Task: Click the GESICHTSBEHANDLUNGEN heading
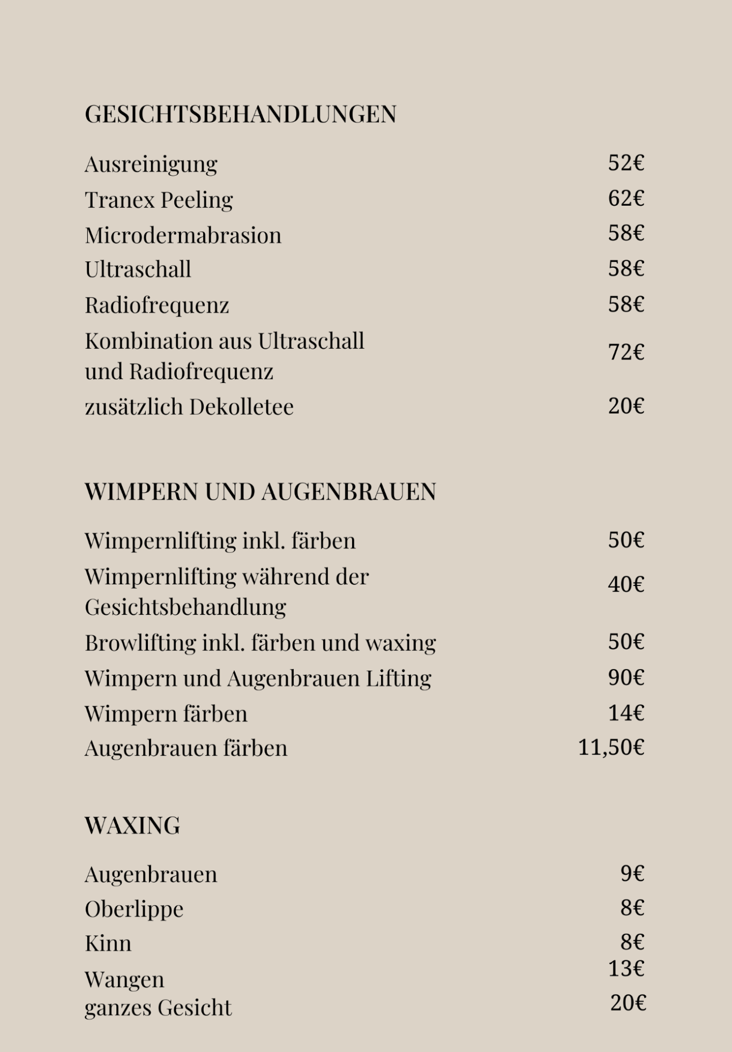tap(241, 114)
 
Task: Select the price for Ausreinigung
tap(625, 163)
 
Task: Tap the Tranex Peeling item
tap(159, 200)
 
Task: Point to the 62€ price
tap(625, 199)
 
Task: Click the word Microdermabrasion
tap(183, 236)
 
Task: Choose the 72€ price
tap(625, 352)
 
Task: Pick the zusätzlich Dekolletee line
tap(189, 407)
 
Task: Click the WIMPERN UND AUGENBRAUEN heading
tap(260, 492)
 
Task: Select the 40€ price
tap(625, 584)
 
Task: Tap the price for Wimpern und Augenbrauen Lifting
tap(625, 678)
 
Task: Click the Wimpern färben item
tap(166, 714)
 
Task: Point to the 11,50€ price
tap(611, 748)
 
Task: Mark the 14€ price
tap(625, 713)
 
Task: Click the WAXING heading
tap(132, 825)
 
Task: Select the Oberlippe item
tap(134, 910)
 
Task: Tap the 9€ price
tap(632, 874)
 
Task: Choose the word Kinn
tap(108, 944)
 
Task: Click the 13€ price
tap(625, 968)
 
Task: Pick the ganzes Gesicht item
tap(158, 1008)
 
